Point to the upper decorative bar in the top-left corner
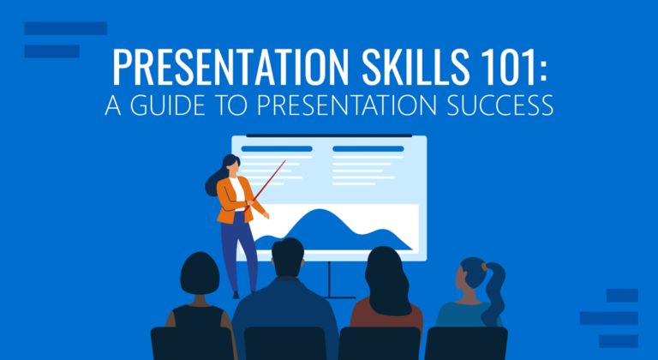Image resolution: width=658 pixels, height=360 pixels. click(65, 28)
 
